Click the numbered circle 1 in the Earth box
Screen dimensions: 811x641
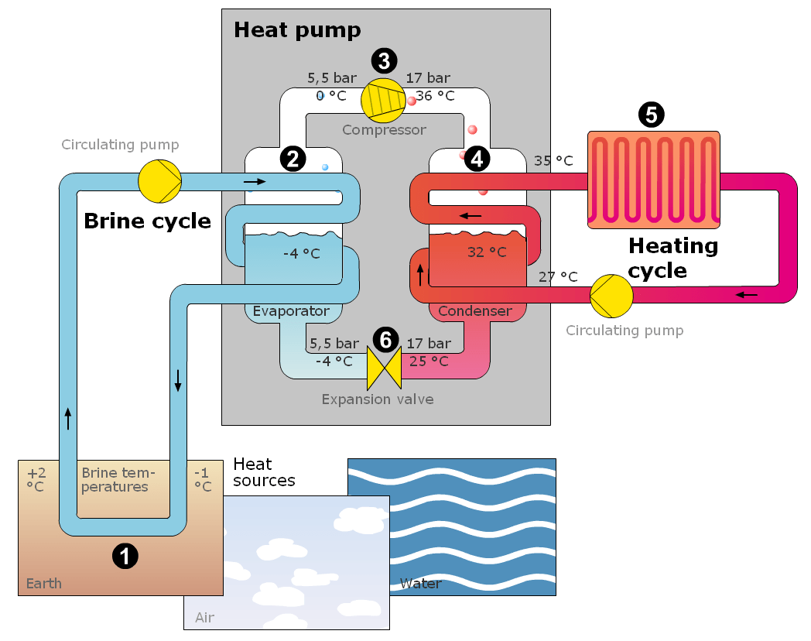pos(125,556)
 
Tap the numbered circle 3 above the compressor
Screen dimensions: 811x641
pos(385,60)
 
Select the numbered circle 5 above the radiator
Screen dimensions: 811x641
pos(651,115)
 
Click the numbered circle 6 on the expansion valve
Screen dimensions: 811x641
pos(386,339)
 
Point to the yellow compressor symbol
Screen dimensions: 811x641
pos(383,101)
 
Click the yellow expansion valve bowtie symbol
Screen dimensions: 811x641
pos(385,368)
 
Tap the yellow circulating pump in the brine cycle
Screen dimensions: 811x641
pos(160,181)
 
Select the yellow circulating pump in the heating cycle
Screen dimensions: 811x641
pos(611,296)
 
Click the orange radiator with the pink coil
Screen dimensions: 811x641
pos(654,180)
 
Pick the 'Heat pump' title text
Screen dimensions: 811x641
pos(297,30)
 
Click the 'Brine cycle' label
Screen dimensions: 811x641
pos(147,221)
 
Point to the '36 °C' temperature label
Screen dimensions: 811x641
pos(435,96)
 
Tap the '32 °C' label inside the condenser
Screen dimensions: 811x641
pos(487,252)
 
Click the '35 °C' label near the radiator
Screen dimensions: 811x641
pos(553,160)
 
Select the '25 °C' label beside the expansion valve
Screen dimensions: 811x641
pos(429,361)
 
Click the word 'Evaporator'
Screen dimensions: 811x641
pos(291,311)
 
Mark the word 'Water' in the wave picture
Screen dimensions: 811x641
pos(420,584)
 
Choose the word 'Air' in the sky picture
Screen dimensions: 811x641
pos(204,617)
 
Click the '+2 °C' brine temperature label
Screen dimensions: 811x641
pos(36,479)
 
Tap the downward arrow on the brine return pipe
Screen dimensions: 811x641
pos(178,380)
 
